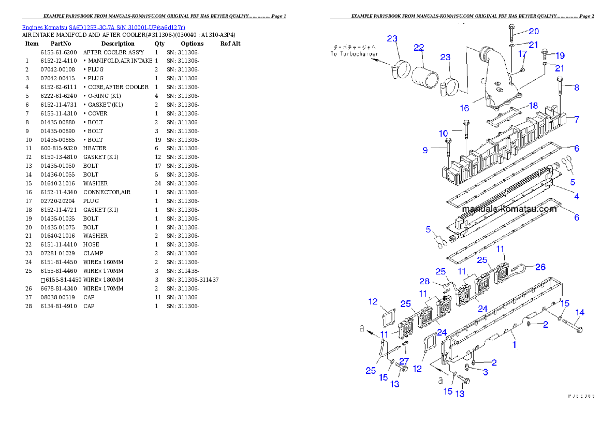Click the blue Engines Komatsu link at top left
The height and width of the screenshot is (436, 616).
[104, 27]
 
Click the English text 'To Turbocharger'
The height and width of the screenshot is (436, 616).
[355, 54]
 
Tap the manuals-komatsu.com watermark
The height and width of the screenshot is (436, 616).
[509, 209]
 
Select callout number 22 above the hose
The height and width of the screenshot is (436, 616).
[419, 47]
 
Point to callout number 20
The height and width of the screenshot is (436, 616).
[534, 32]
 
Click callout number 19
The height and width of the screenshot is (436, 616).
[560, 56]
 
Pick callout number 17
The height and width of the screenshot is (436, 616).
[522, 54]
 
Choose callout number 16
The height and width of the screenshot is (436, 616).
[464, 108]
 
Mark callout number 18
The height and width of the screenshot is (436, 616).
[533, 106]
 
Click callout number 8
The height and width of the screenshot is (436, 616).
[577, 88]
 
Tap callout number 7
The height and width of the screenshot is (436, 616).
[577, 119]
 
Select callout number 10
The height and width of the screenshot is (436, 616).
[444, 134]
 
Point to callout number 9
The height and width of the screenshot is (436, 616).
[425, 150]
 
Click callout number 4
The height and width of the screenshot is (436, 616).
[577, 196]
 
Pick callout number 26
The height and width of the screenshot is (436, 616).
[540, 267]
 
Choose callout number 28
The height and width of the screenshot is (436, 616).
[424, 281]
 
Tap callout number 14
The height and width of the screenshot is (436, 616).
[580, 312]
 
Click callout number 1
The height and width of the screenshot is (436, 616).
[514, 344]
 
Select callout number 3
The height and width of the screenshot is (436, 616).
[486, 372]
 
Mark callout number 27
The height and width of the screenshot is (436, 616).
[404, 361]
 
